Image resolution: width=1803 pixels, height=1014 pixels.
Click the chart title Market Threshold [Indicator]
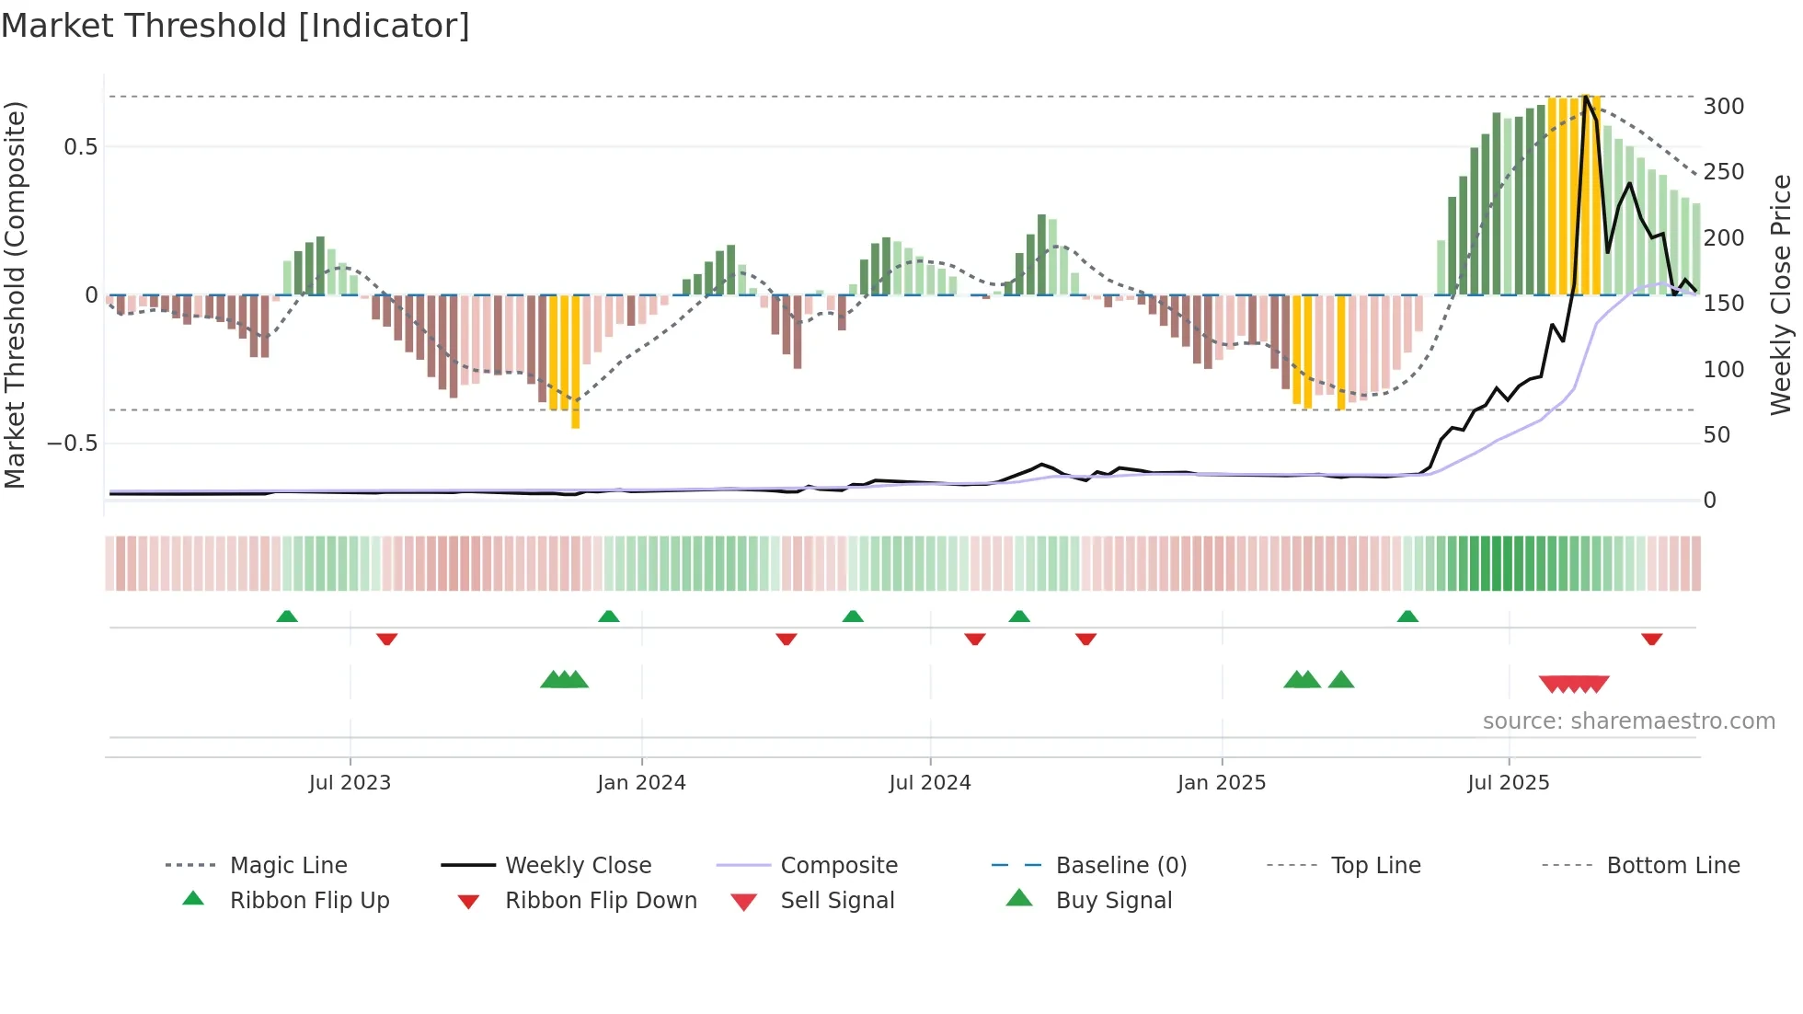235,26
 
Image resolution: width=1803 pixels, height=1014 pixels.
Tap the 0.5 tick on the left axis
80,147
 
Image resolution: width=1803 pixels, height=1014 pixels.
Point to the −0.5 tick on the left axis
72,444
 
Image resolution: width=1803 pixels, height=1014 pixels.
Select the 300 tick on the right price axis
1723,107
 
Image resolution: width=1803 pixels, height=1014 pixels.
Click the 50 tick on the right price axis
1717,435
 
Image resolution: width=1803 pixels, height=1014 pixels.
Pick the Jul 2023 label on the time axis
350,783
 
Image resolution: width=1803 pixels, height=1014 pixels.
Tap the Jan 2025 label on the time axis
1221,783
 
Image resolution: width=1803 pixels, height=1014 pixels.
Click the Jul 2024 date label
929,783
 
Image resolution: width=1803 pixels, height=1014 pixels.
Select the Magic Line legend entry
288,866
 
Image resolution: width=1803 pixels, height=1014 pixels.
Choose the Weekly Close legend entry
578,866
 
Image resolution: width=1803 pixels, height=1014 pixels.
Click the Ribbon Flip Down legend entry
601,901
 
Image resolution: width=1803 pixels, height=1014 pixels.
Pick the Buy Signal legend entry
1113,901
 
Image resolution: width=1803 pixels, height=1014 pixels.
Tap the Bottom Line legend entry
1672,866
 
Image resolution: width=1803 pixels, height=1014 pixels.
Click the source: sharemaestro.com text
1628,721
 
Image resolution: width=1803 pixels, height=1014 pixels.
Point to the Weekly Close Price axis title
1781,294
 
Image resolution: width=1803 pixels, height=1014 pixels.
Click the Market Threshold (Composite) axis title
15,294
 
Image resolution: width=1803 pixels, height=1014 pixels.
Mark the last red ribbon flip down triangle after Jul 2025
1651,639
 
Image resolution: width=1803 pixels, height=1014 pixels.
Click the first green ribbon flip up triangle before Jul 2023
287,616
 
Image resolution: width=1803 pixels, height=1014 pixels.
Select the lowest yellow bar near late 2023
575,419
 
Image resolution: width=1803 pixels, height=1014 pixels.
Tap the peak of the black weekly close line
1585,97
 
